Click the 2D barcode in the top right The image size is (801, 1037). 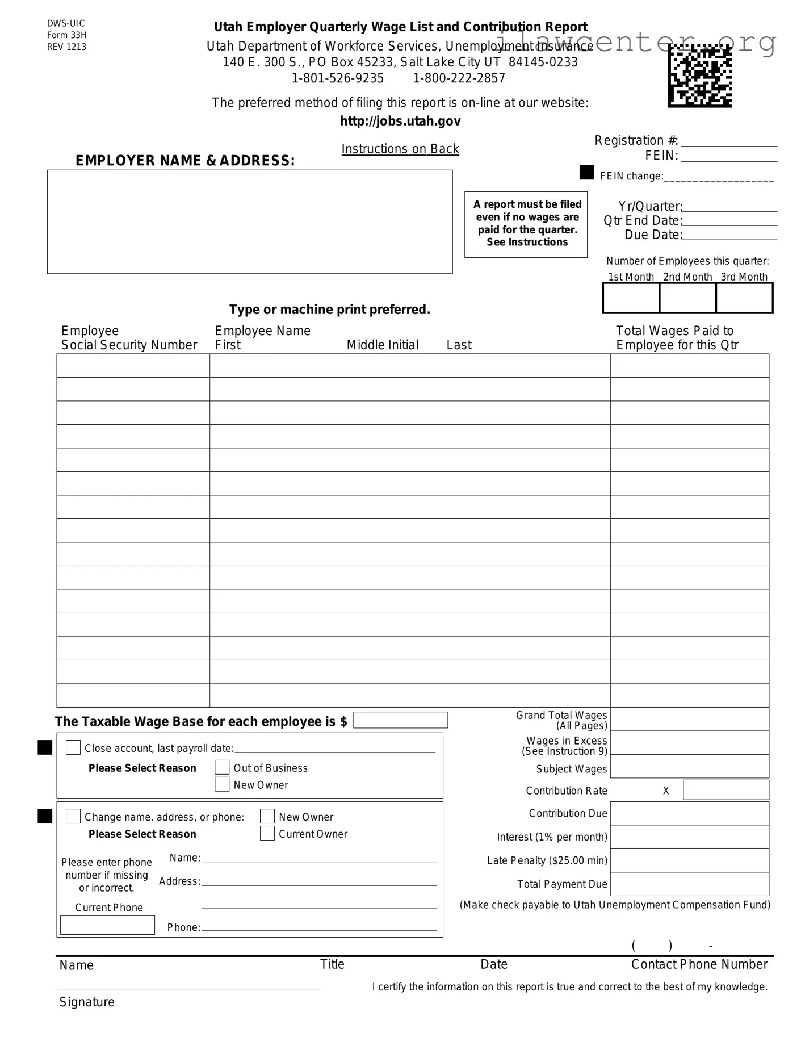pyautogui.click(x=700, y=76)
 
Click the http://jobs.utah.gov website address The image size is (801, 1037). pyautogui.click(x=400, y=121)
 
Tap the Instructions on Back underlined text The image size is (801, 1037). pyautogui.click(x=400, y=149)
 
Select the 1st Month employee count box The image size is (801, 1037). pyautogui.click(x=631, y=298)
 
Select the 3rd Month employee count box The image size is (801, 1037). pyautogui.click(x=744, y=298)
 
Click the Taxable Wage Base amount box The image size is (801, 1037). pyautogui.click(x=400, y=720)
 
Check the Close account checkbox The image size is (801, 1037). pyautogui.click(x=73, y=747)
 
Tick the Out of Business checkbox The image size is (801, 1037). pyautogui.click(x=222, y=767)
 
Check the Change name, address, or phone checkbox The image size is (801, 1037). pyautogui.click(x=73, y=816)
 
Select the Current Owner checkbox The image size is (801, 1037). pyautogui.click(x=267, y=833)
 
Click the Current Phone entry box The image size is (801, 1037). pyautogui.click(x=107, y=925)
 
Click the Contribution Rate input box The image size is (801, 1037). pyautogui.click(x=725, y=790)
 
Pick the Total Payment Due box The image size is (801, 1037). pyautogui.click(x=689, y=884)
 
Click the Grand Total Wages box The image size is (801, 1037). pyautogui.click(x=689, y=719)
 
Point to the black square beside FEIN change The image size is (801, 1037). pyautogui.click(x=586, y=173)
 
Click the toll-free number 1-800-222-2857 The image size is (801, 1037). pyautogui.click(x=459, y=78)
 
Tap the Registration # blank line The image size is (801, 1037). pyautogui.click(x=729, y=141)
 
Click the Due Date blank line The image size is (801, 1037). pyautogui.click(x=729, y=235)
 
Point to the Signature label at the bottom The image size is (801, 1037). pyautogui.click(x=87, y=1002)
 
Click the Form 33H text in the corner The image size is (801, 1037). pyautogui.click(x=67, y=35)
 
